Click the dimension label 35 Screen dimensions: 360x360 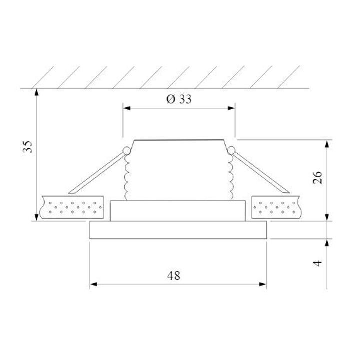pos(28,148)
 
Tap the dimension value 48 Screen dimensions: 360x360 pos(174,275)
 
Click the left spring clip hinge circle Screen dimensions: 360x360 pos(126,150)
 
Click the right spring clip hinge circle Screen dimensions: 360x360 pos(231,150)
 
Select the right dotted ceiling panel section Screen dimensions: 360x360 pos(277,206)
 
